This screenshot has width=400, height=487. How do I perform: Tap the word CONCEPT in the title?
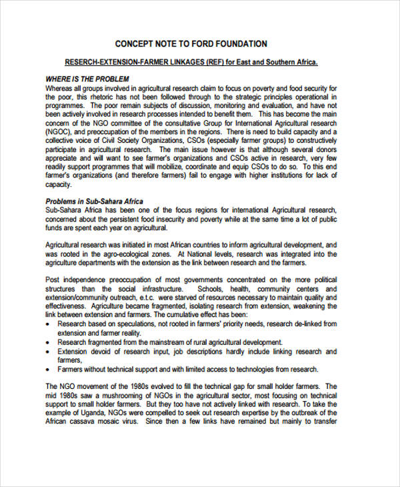136,44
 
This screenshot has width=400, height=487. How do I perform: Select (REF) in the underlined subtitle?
214,63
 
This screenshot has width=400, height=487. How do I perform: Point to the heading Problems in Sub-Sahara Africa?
94,201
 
